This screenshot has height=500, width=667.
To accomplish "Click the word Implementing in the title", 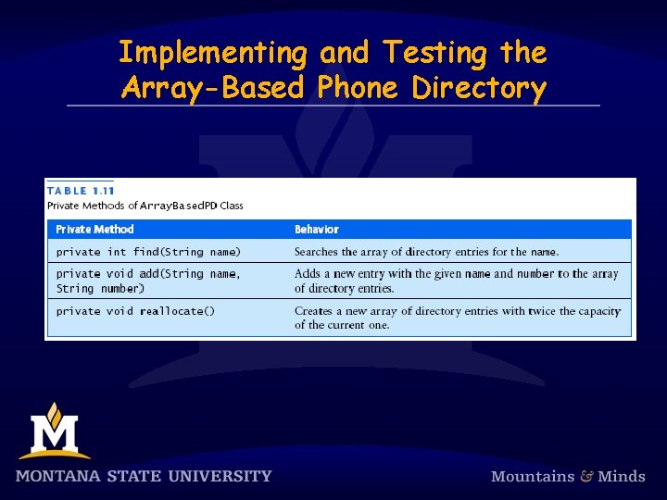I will pyautogui.click(x=211, y=53).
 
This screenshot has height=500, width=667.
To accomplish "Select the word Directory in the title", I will pyautogui.click(x=479, y=88).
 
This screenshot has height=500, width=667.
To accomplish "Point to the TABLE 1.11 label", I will pyautogui.click(x=80, y=191).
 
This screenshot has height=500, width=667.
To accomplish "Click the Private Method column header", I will pyautogui.click(x=94, y=230).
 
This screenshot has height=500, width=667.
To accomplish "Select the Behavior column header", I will pyautogui.click(x=317, y=230).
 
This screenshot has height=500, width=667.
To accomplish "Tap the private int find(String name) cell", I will pyautogui.click(x=148, y=252).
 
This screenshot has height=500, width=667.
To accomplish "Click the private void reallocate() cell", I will pyautogui.click(x=135, y=311).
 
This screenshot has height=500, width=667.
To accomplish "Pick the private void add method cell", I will pyautogui.click(x=148, y=281).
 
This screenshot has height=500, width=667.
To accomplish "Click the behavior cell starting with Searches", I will pyautogui.click(x=426, y=252).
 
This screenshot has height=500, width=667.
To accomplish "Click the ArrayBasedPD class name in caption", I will pyautogui.click(x=177, y=206).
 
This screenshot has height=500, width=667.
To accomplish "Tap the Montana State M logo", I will pyautogui.click(x=54, y=431).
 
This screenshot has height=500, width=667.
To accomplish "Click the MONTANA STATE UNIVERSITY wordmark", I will pyautogui.click(x=144, y=476).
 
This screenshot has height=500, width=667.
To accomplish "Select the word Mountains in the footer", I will pyautogui.click(x=533, y=476).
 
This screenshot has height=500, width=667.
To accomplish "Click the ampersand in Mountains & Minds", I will pyautogui.click(x=586, y=476).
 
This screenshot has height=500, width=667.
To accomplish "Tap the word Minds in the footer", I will pyautogui.click(x=622, y=476).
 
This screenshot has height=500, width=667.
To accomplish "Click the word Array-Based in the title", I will pyautogui.click(x=214, y=88).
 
